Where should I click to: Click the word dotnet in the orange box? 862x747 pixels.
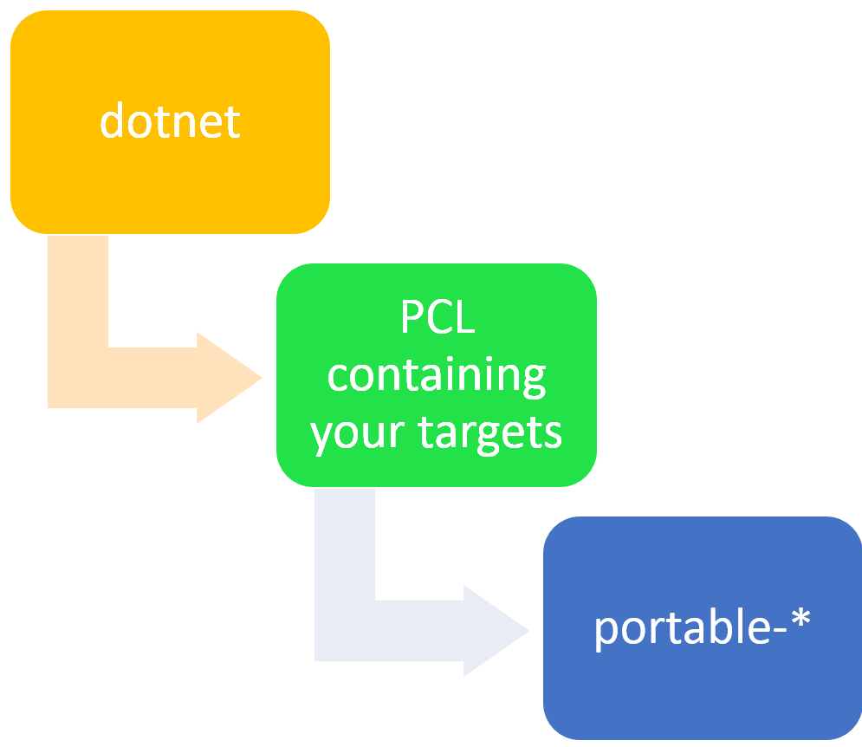[x=170, y=121]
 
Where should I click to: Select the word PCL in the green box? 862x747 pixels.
[x=437, y=319]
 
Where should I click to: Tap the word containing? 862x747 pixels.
[x=437, y=376]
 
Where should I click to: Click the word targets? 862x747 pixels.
[x=490, y=432]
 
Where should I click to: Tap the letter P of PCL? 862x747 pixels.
[x=412, y=319]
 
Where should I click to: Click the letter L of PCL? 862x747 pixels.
[x=466, y=319]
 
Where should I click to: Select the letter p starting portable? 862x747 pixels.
[x=606, y=632]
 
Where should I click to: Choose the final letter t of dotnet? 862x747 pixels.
[x=232, y=122]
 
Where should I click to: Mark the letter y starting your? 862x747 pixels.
[x=323, y=436]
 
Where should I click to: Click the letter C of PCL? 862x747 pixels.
[x=439, y=319]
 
